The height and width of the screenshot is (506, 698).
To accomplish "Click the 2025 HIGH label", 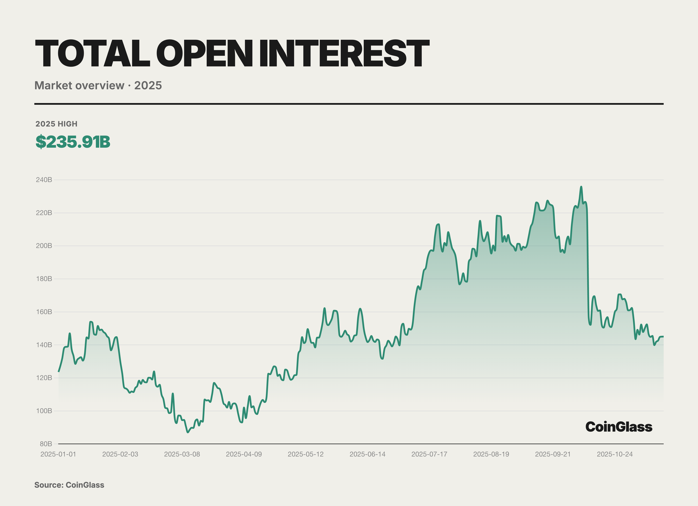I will click(56, 124).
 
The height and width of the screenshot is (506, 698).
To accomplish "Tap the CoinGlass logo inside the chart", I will click(619, 427).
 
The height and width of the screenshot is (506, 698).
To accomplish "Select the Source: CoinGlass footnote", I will click(69, 485).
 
